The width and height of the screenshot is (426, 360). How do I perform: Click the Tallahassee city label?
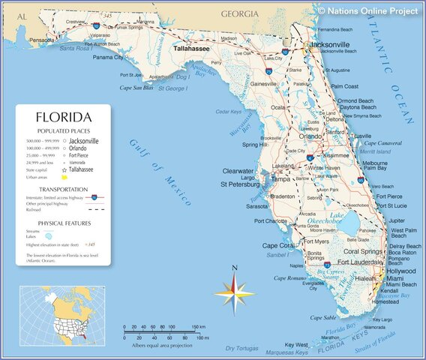[x=191, y=47]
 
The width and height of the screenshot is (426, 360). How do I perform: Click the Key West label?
[x=295, y=344]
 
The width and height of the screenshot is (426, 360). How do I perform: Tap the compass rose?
[x=234, y=292]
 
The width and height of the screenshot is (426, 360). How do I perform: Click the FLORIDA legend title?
[x=64, y=118]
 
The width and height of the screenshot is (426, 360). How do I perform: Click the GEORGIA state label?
[x=239, y=13]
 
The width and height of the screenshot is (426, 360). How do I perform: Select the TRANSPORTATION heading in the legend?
[x=64, y=189]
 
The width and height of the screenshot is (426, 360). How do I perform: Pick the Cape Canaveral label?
[x=385, y=142]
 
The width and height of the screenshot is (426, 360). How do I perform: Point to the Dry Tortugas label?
[x=241, y=349]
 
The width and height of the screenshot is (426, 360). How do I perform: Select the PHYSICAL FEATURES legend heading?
[x=64, y=223]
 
